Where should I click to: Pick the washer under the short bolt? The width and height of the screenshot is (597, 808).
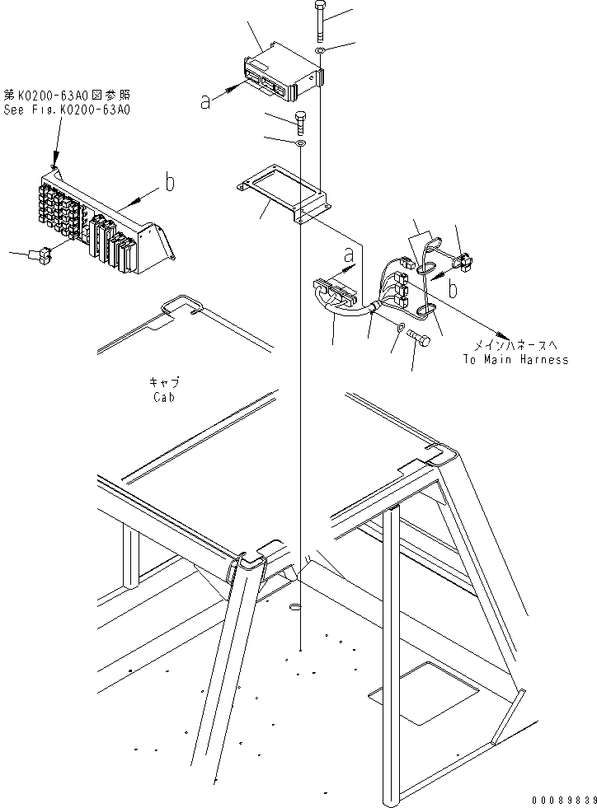[301, 143]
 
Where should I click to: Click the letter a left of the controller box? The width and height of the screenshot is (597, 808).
[205, 101]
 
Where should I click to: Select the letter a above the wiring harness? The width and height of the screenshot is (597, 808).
[350, 252]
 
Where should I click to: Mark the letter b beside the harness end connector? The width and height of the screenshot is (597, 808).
[453, 289]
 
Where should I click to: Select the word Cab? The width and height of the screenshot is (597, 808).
[165, 397]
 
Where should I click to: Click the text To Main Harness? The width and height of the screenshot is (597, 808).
[515, 360]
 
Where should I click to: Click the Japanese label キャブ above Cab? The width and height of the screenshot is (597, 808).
[164, 383]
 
